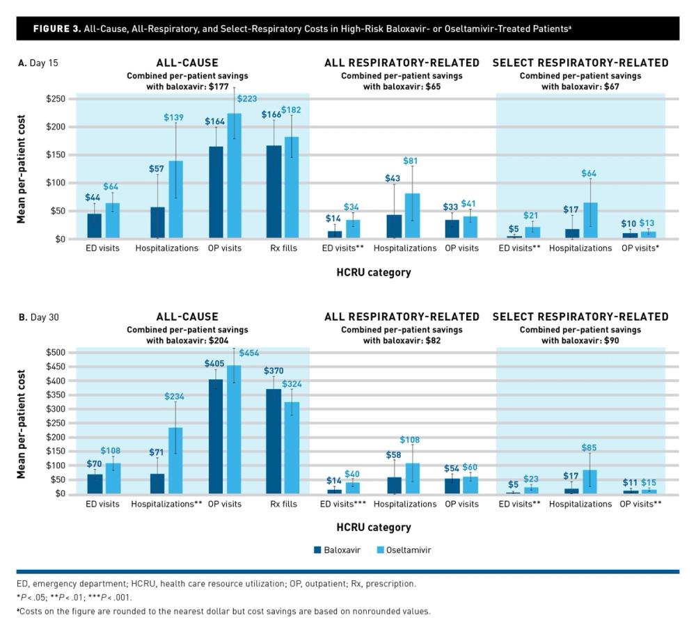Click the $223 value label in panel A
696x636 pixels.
click(246, 99)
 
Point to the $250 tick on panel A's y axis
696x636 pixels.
click(56, 99)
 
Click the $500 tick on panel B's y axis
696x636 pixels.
click(56, 353)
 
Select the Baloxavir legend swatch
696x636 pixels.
click(317, 550)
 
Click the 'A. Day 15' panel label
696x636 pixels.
click(38, 63)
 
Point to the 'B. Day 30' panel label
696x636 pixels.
click(38, 317)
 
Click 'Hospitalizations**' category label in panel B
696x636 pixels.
click(166, 504)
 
